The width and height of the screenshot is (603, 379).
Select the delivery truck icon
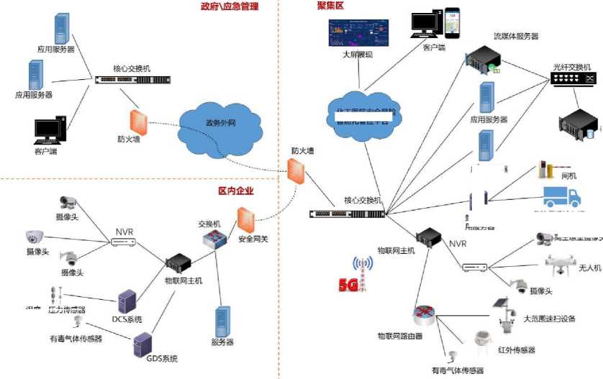pyautogui.click(x=565, y=199)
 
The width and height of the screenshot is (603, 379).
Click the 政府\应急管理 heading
pyautogui.click(x=229, y=6)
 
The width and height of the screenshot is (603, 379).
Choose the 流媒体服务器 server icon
pyautogui.click(x=479, y=60)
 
